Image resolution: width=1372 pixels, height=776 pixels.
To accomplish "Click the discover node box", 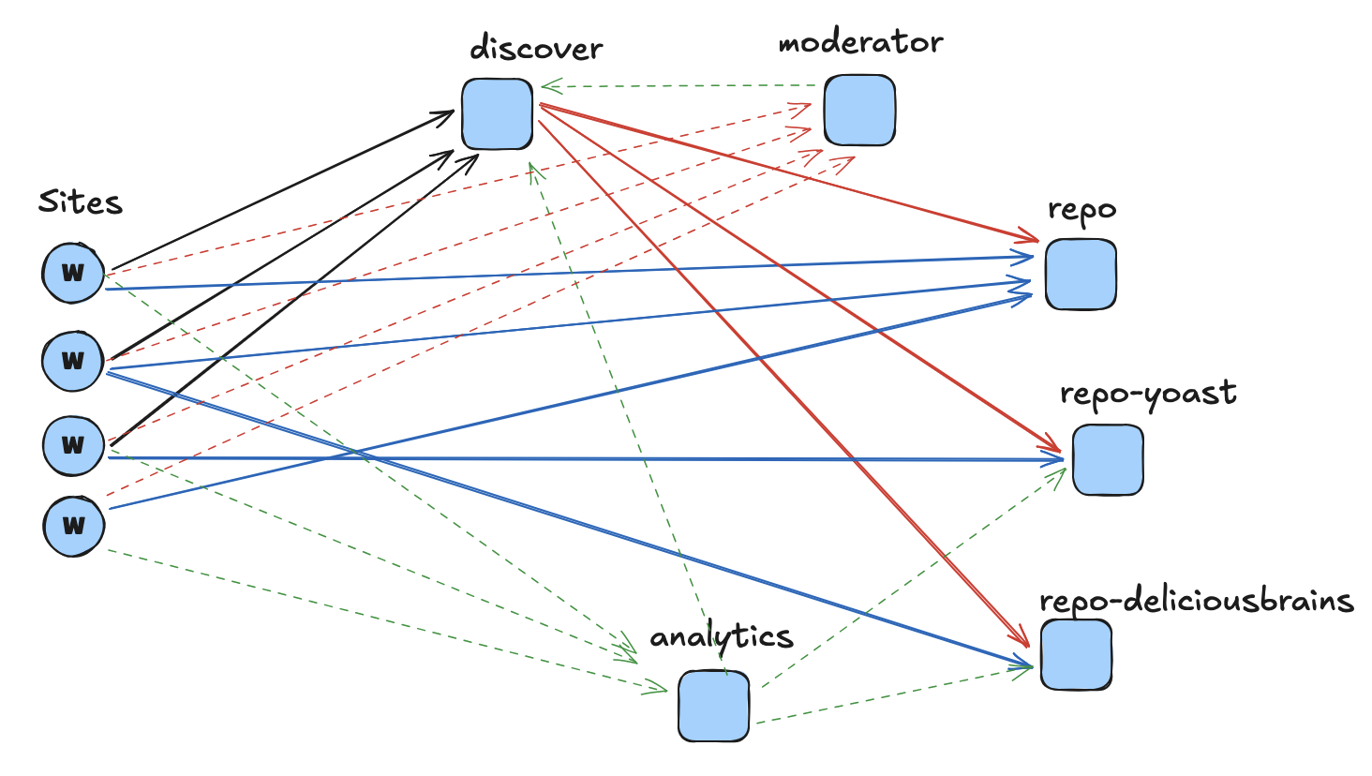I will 497,114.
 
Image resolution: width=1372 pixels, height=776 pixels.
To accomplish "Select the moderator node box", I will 859,111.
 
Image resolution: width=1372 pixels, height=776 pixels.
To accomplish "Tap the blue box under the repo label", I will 1081,275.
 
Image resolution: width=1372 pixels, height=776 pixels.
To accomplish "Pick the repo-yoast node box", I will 1108,460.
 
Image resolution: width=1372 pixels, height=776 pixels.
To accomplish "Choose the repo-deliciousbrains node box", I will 1076,655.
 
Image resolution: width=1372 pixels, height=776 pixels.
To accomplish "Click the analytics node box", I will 714,706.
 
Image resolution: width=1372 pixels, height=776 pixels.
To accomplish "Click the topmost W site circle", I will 73,273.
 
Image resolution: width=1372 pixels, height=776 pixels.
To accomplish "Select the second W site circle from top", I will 73,360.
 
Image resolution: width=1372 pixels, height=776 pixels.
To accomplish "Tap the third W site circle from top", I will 73,445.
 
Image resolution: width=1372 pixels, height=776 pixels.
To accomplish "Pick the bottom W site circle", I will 73,526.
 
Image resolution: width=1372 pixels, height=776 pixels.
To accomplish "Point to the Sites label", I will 81,201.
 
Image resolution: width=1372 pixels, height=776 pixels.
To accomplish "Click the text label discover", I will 536,48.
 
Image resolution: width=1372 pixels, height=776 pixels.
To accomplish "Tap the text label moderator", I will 860,42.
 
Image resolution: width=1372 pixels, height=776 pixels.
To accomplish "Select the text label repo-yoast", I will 1148,394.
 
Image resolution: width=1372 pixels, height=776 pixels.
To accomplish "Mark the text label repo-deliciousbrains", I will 1197,600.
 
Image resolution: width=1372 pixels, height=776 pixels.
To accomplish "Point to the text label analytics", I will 722,637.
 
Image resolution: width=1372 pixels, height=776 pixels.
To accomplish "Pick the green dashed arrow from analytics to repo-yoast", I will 914,576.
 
